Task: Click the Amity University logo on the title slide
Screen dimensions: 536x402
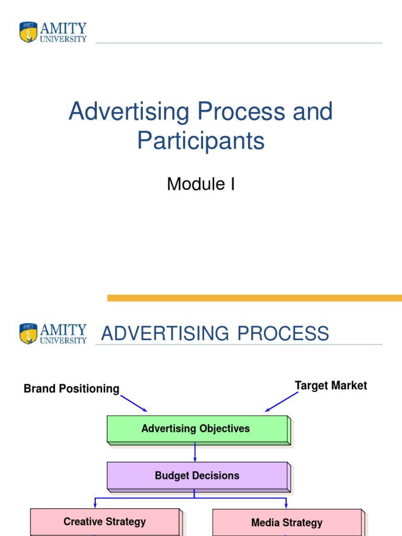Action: (x=53, y=32)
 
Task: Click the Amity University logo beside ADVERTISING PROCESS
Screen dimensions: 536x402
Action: (x=53, y=333)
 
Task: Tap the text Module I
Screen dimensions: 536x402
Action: (x=201, y=184)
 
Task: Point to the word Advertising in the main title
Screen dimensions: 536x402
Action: (x=129, y=112)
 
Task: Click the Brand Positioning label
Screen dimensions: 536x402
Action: (x=72, y=389)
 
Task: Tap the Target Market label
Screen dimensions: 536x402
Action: (x=331, y=386)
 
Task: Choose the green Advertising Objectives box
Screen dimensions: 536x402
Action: (x=197, y=429)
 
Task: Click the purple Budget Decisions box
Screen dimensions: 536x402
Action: (x=197, y=476)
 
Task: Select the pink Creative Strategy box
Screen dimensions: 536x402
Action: (x=105, y=521)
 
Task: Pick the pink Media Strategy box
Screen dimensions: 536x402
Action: (x=287, y=522)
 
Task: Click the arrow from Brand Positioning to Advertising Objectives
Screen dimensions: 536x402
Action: (x=134, y=404)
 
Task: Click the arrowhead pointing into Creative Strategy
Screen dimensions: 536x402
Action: (x=95, y=505)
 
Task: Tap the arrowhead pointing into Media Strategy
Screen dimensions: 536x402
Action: (x=286, y=506)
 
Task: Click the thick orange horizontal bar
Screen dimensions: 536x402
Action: (x=254, y=298)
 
